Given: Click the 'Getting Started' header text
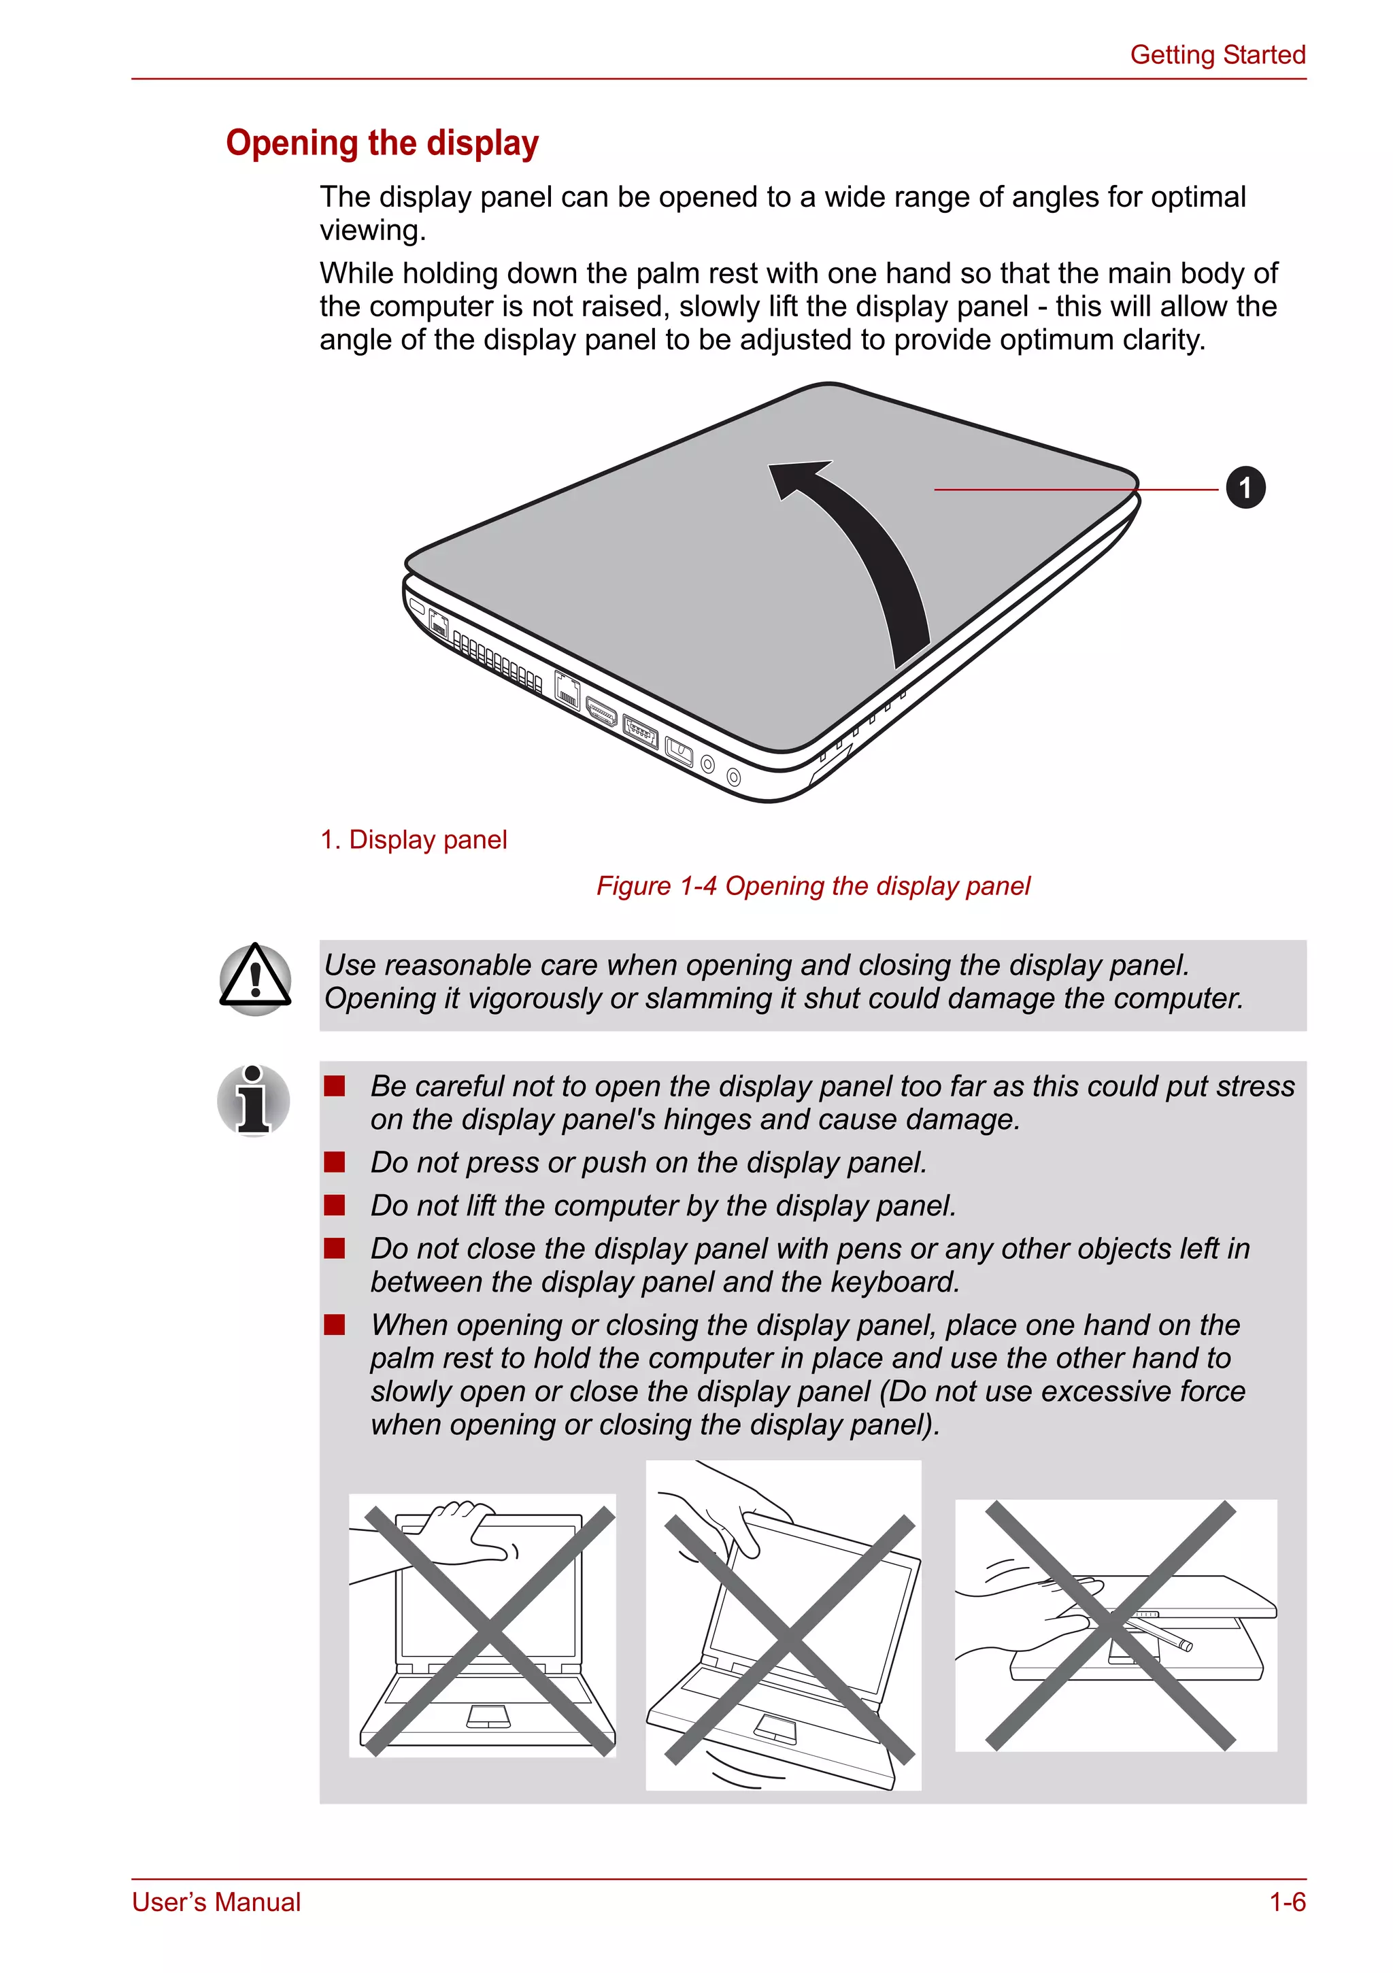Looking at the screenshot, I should tap(1217, 55).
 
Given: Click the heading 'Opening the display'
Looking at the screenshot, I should tap(382, 143).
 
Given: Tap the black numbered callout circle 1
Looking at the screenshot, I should tap(1244, 488).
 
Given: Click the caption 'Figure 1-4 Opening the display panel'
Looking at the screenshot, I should tap(813, 886).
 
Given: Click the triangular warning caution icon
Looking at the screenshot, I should tap(255, 979).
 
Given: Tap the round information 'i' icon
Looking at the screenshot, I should tap(254, 1101).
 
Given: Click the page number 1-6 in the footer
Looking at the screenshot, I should tap(1288, 1902).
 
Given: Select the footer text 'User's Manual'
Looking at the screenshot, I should tap(216, 1902).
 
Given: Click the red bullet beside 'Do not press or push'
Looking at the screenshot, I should tap(334, 1163).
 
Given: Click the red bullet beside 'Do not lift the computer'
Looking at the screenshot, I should tap(334, 1206).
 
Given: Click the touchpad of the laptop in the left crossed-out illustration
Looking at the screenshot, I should tap(489, 1716).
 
